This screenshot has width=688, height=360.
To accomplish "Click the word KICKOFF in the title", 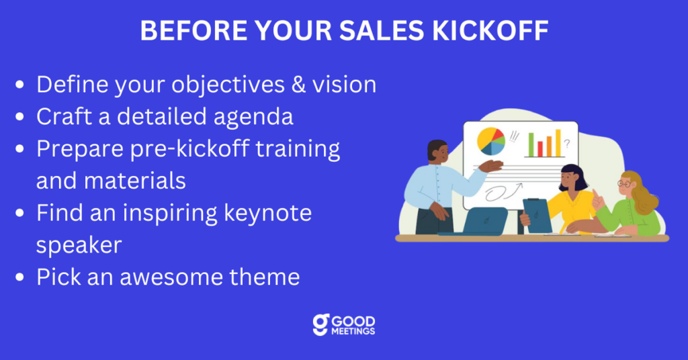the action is click(x=490, y=30).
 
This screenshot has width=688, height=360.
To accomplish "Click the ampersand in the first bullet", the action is click(x=298, y=84).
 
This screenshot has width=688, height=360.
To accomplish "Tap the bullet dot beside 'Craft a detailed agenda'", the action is click(x=19, y=117).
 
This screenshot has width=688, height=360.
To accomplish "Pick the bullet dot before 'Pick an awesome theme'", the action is click(x=19, y=277).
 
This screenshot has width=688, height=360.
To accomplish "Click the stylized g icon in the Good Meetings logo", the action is click(x=320, y=325).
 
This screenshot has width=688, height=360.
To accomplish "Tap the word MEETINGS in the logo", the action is click(x=353, y=332).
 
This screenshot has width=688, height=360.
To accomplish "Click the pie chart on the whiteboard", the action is click(x=491, y=141).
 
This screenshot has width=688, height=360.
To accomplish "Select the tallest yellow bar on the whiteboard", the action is click(x=558, y=143).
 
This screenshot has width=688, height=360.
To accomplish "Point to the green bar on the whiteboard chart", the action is click(x=531, y=144).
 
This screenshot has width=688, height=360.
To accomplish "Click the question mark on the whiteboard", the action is click(x=567, y=143).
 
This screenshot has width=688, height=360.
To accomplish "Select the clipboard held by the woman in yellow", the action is click(x=537, y=216).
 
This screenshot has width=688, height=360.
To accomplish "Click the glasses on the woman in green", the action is click(x=624, y=184).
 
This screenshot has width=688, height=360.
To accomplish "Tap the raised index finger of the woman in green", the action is click(x=595, y=194).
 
